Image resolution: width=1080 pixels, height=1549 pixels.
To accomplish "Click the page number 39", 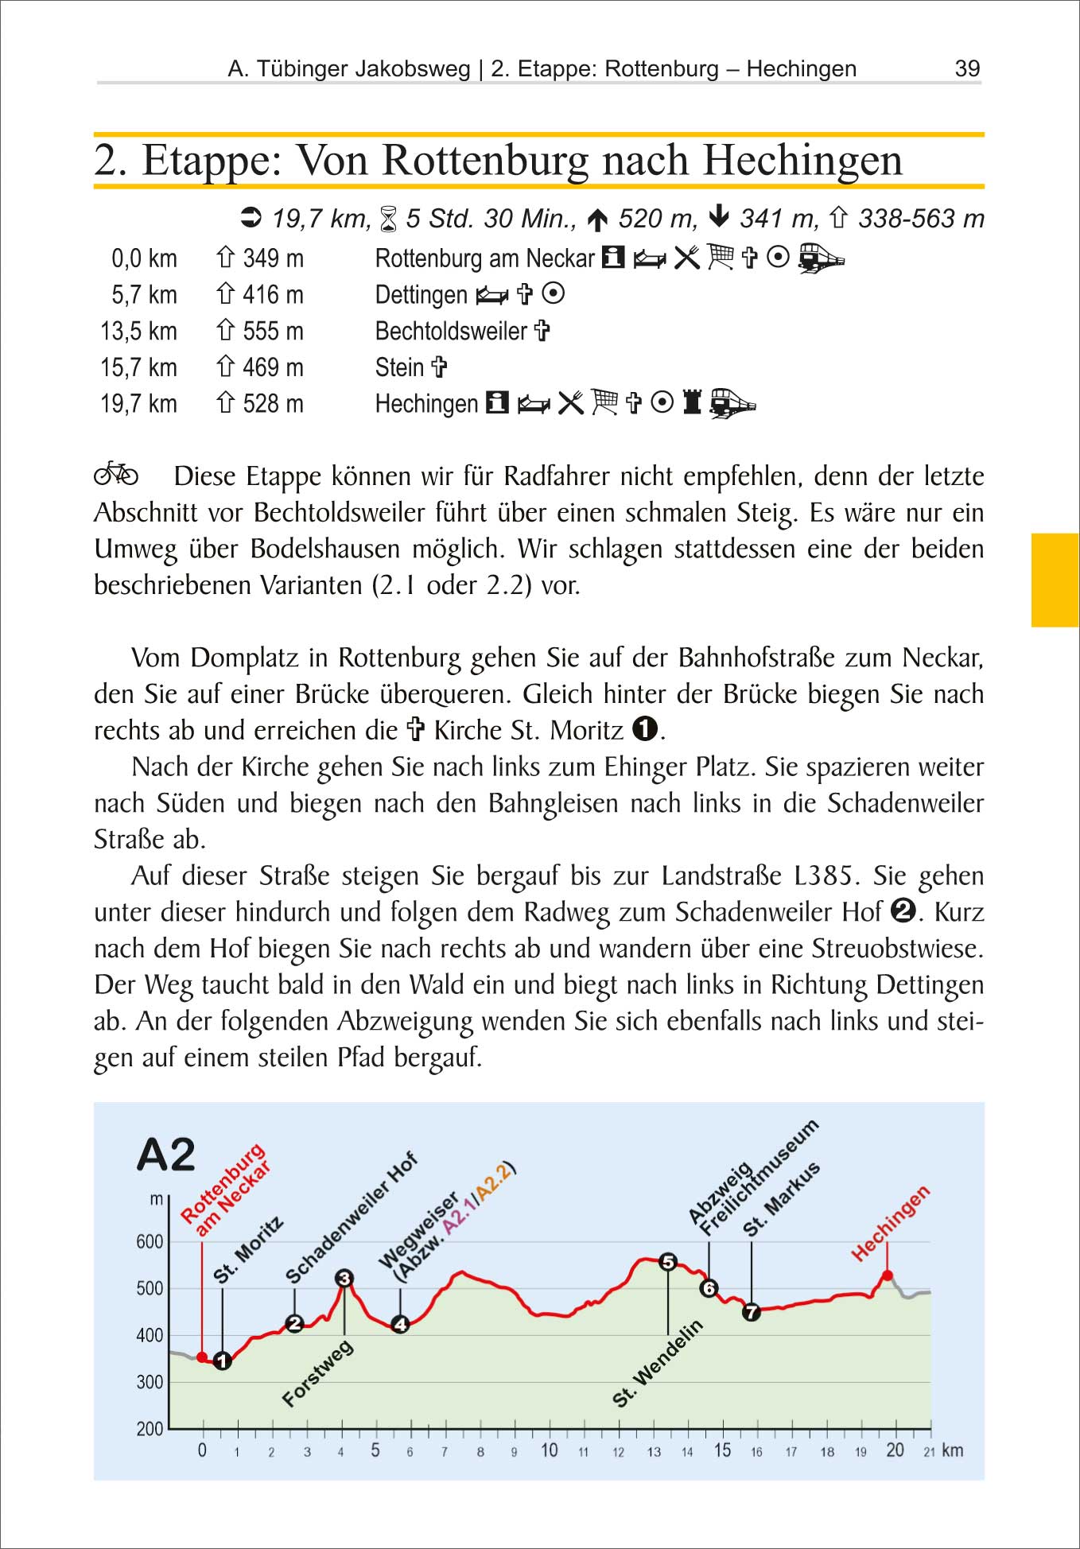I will click(967, 68).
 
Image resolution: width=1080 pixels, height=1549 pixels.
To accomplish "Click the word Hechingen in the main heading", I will click(802, 161).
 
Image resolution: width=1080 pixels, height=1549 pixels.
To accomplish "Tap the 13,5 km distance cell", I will click(138, 331).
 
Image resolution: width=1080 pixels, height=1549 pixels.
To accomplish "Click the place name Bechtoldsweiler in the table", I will click(451, 331).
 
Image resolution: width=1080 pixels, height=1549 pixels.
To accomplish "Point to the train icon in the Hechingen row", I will click(732, 403).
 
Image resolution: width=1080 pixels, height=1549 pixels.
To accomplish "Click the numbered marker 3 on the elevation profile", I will click(344, 1279).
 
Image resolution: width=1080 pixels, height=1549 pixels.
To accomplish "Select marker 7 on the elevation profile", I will click(752, 1312).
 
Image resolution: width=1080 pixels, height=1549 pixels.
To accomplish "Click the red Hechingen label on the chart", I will click(890, 1224).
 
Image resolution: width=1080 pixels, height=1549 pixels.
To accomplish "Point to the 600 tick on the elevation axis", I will click(150, 1241).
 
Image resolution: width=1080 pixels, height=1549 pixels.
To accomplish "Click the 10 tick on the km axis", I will click(549, 1450).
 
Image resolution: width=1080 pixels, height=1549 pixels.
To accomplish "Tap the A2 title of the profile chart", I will click(166, 1155).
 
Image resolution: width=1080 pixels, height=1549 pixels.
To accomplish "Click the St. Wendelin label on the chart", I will click(658, 1363).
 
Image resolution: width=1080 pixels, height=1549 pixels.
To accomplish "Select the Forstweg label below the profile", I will click(317, 1373).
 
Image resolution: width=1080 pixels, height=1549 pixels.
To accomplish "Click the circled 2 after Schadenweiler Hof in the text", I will click(903, 910).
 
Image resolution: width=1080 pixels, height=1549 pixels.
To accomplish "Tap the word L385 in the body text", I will click(826, 875).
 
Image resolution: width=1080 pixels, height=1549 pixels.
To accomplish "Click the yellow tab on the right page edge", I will click(1055, 580).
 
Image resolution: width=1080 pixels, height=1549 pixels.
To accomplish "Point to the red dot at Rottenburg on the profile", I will click(202, 1357).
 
